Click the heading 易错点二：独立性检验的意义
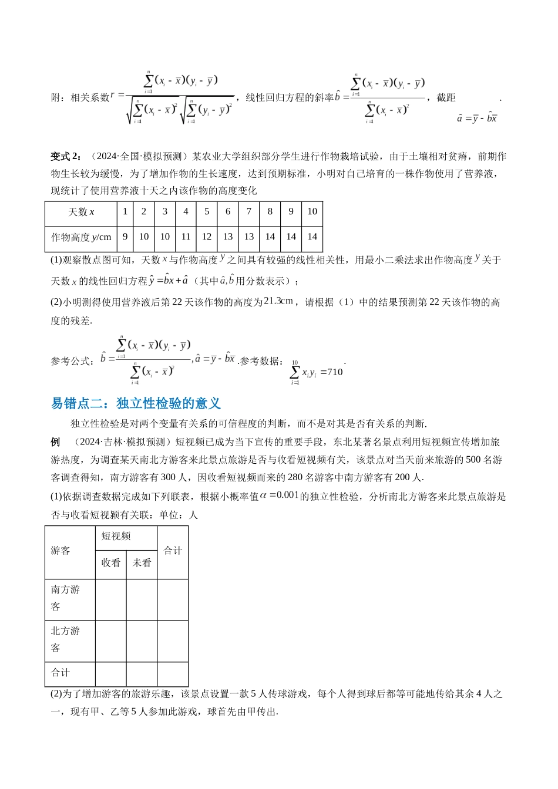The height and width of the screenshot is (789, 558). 136,403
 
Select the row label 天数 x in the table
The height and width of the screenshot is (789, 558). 81,212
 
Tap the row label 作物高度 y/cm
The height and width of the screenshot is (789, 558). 81,237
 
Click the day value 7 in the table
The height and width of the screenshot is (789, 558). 249,212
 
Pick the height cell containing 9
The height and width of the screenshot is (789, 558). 125,237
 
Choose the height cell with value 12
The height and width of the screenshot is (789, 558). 207,237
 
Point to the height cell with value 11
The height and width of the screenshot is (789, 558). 186,237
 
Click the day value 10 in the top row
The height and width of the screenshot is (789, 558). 312,212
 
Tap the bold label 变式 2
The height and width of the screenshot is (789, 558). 68,156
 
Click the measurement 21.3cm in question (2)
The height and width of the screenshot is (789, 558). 278,301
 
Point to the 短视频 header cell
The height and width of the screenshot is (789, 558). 116,537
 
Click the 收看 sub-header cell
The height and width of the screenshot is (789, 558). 110,563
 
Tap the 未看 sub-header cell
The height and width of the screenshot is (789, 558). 142,563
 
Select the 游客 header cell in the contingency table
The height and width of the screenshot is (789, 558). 60,551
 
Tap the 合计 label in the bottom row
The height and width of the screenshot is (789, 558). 60,673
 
